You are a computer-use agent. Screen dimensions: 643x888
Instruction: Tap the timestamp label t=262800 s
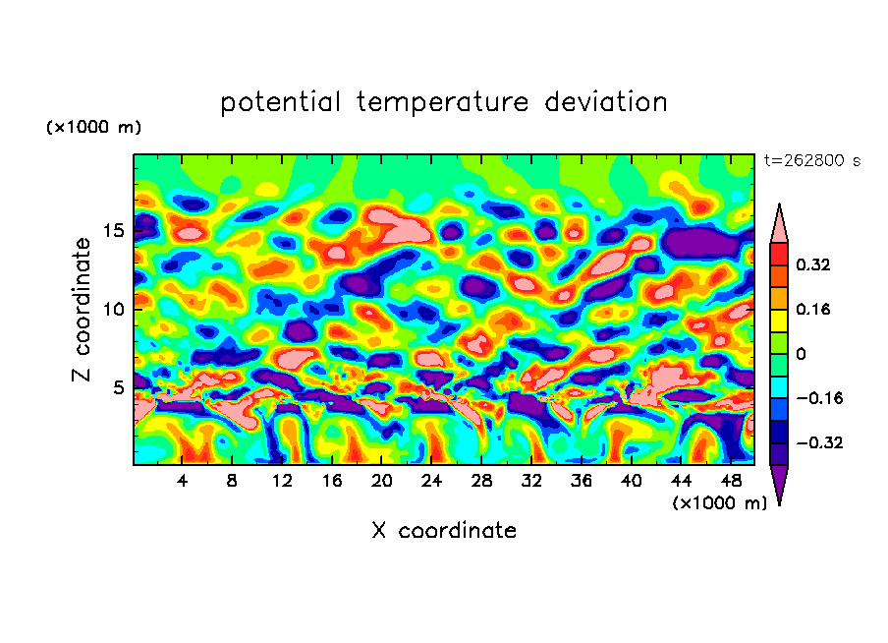pyautogui.click(x=811, y=160)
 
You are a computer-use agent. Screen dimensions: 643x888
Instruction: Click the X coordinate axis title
pyautogui.click(x=444, y=531)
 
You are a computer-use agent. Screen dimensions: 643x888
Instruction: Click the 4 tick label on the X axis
pyautogui.click(x=183, y=481)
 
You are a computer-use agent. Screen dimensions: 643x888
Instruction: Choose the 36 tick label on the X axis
pyautogui.click(x=581, y=481)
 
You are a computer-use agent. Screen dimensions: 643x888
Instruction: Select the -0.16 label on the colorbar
pyautogui.click(x=818, y=398)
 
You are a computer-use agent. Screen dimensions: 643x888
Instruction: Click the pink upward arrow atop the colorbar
pyautogui.click(x=778, y=225)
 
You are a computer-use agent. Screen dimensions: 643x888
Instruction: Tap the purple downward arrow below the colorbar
pyautogui.click(x=778, y=483)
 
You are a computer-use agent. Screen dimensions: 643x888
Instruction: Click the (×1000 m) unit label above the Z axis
pyautogui.click(x=93, y=128)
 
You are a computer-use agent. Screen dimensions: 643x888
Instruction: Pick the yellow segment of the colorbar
pyautogui.click(x=778, y=320)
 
